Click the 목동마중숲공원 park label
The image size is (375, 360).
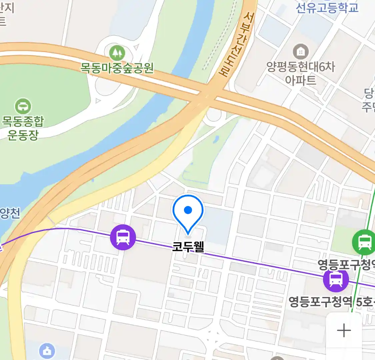point(117,68)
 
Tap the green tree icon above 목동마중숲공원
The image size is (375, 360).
point(117,53)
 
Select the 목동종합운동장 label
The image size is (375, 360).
point(23,128)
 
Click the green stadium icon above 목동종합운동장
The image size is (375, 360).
point(23,107)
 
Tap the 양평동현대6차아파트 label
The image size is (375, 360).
point(301,73)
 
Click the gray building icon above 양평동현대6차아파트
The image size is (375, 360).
point(301,52)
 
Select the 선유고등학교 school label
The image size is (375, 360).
point(327,7)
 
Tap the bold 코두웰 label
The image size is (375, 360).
point(188,247)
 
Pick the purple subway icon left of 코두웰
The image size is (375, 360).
point(123,238)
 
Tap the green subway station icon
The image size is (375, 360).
point(364,242)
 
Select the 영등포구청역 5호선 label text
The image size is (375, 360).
point(330,302)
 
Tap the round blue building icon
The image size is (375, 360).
point(47,351)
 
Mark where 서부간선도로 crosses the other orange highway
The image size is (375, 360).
point(209,95)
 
